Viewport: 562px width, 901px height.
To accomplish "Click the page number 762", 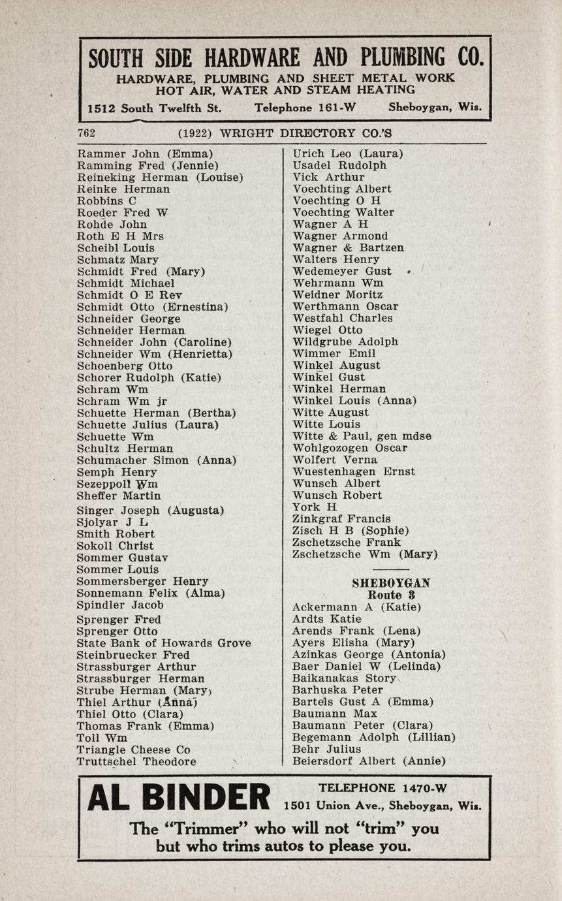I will tap(87, 133).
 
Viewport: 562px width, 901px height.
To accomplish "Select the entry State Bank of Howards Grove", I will tap(164, 643).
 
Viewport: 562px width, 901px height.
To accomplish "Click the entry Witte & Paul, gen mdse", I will tap(362, 436).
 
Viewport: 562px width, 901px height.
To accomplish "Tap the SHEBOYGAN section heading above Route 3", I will tap(391, 583).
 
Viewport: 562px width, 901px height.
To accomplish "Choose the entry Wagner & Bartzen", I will tap(349, 247).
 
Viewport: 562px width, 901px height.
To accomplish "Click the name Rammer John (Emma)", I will tap(145, 154).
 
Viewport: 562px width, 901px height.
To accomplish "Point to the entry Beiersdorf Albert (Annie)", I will tap(369, 761).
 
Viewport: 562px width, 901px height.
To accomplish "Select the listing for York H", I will tap(315, 507).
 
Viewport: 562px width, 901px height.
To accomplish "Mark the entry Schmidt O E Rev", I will tap(130, 295).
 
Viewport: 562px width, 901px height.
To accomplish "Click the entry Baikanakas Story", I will tap(344, 678).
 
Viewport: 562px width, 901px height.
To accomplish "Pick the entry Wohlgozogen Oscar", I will tap(350, 448).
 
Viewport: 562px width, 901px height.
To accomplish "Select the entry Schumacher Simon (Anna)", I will tap(157, 460).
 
